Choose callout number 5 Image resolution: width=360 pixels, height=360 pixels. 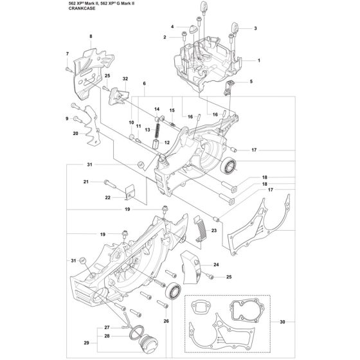click(251, 81)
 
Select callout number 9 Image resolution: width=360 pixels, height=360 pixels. click(66, 119)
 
